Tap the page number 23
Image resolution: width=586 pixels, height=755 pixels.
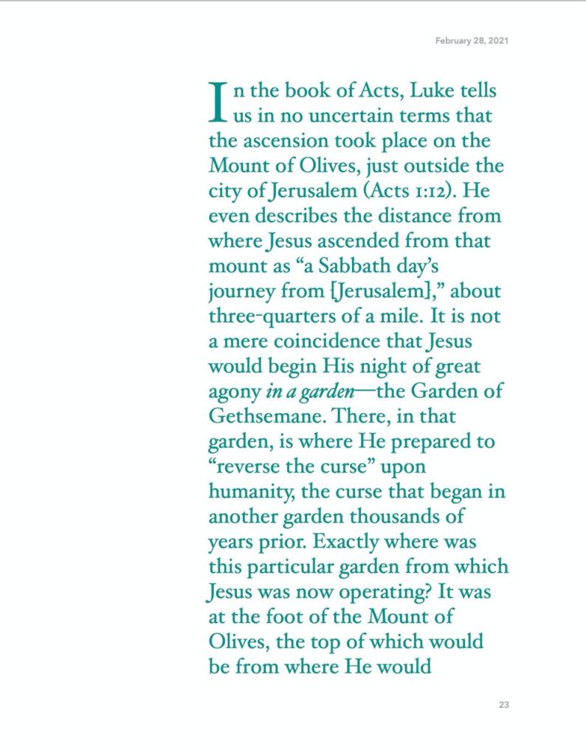point(503,705)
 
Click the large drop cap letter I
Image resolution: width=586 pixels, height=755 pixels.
point(217,102)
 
